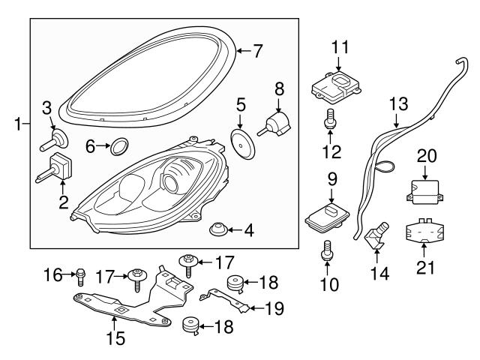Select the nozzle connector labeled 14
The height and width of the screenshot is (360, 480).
(x=376, y=238)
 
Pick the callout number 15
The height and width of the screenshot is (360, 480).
(x=115, y=339)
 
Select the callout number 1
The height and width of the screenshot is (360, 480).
(x=16, y=122)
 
